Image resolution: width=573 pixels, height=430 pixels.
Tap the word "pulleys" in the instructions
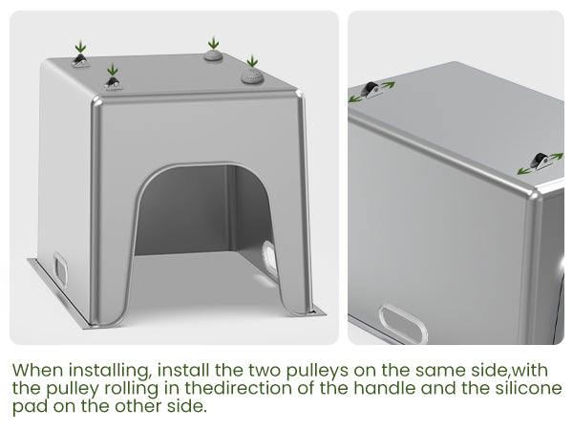(x=317, y=371)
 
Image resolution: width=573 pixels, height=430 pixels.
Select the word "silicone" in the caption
(x=528, y=388)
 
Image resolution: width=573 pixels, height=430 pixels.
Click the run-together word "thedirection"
(x=238, y=388)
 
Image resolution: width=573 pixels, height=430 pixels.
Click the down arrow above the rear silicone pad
(x=213, y=42)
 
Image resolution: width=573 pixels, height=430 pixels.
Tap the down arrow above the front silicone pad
(x=252, y=61)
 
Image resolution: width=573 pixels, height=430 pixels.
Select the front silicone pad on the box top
(x=252, y=75)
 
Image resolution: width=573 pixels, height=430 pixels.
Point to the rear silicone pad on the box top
(x=213, y=55)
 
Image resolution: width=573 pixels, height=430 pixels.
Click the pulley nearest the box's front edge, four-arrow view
(x=113, y=84)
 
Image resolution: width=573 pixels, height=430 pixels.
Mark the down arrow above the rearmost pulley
(x=80, y=47)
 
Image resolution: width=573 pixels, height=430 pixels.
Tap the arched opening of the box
(x=204, y=208)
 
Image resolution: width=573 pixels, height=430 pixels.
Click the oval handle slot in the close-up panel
(x=403, y=324)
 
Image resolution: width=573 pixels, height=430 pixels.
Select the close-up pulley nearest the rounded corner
(x=539, y=161)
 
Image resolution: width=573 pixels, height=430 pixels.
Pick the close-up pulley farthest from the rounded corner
(x=371, y=89)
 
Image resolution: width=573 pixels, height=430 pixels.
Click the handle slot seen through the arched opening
(x=269, y=259)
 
